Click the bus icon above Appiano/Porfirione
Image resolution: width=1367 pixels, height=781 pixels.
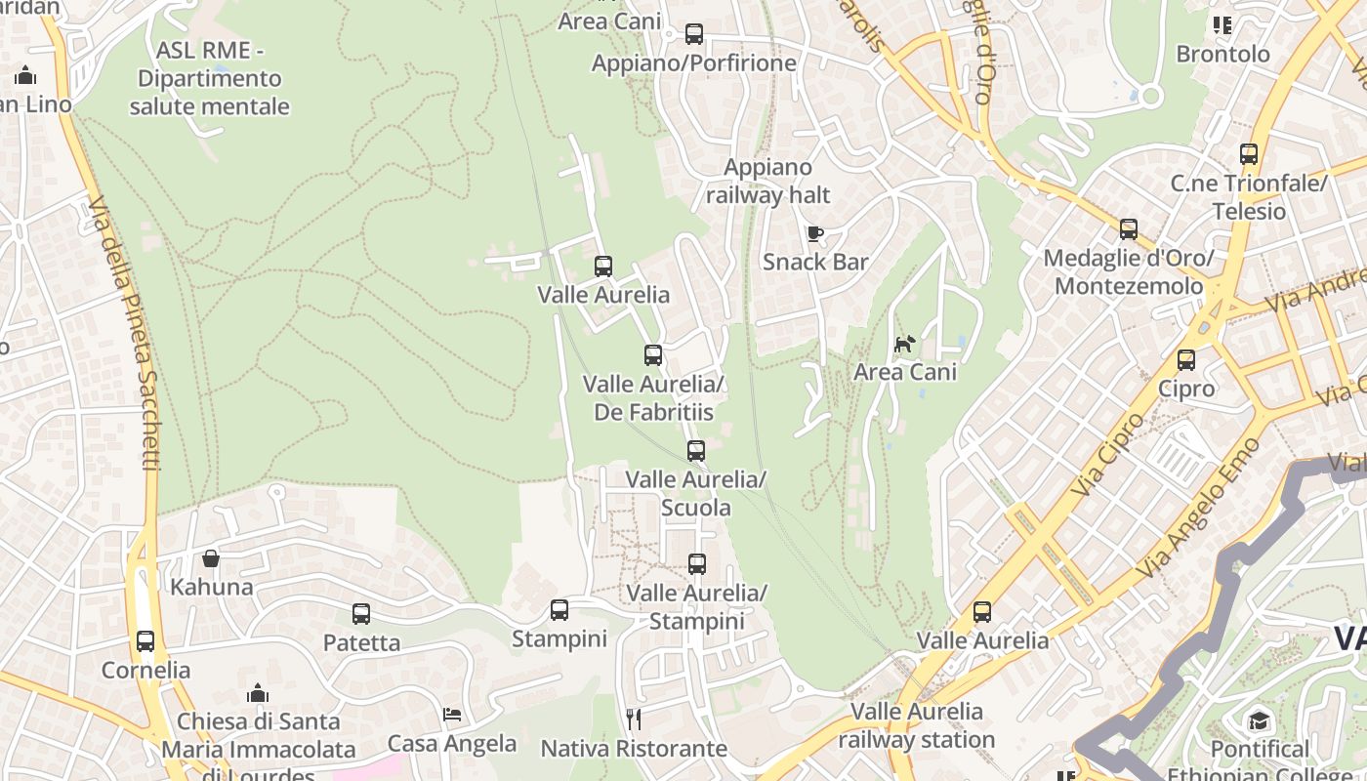pyautogui.click(x=694, y=34)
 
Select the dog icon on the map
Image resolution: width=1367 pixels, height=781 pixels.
pyautogui.click(x=905, y=344)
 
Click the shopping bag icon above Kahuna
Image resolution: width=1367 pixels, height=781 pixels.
pyautogui.click(x=211, y=558)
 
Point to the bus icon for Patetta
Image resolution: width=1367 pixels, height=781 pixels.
pyautogui.click(x=361, y=614)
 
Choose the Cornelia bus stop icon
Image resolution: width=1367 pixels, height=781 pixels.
pyautogui.click(x=145, y=641)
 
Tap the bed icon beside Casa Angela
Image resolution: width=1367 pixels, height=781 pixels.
pyautogui.click(x=452, y=715)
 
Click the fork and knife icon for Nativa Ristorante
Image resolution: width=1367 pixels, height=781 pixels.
pyautogui.click(x=634, y=719)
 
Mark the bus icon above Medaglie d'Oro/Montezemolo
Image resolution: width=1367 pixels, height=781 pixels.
pyautogui.click(x=1129, y=229)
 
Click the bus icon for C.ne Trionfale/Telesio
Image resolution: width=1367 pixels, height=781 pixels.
pyautogui.click(x=1249, y=153)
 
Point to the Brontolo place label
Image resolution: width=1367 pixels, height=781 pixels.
pyautogui.click(x=1222, y=54)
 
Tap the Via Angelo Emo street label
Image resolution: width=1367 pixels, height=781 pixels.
pyautogui.click(x=1200, y=508)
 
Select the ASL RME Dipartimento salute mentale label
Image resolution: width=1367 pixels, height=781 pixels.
pyautogui.click(x=209, y=79)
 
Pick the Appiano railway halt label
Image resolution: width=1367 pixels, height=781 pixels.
pyautogui.click(x=767, y=181)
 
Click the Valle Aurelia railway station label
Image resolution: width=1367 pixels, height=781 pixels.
pyautogui.click(x=917, y=725)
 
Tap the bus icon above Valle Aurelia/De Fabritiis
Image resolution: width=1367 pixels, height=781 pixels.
pyautogui.click(x=653, y=355)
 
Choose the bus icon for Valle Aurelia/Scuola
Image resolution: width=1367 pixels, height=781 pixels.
pyautogui.click(x=696, y=451)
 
